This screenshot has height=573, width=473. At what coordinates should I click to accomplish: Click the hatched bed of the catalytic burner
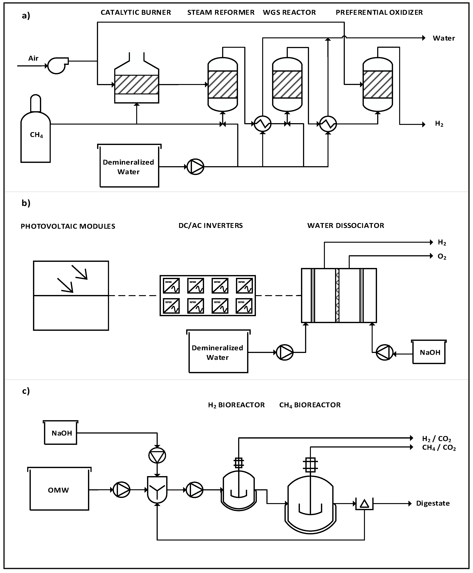tap(137, 85)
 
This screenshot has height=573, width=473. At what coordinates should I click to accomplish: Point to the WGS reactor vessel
tap(287, 85)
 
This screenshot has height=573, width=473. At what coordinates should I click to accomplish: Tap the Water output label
tap(444, 38)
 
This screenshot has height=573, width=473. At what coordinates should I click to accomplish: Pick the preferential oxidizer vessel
tap(378, 85)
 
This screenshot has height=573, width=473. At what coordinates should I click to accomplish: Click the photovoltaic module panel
tap(71, 296)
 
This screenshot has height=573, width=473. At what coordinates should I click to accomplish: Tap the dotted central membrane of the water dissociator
tap(337, 296)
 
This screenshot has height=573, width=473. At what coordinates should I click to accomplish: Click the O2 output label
tap(442, 257)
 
